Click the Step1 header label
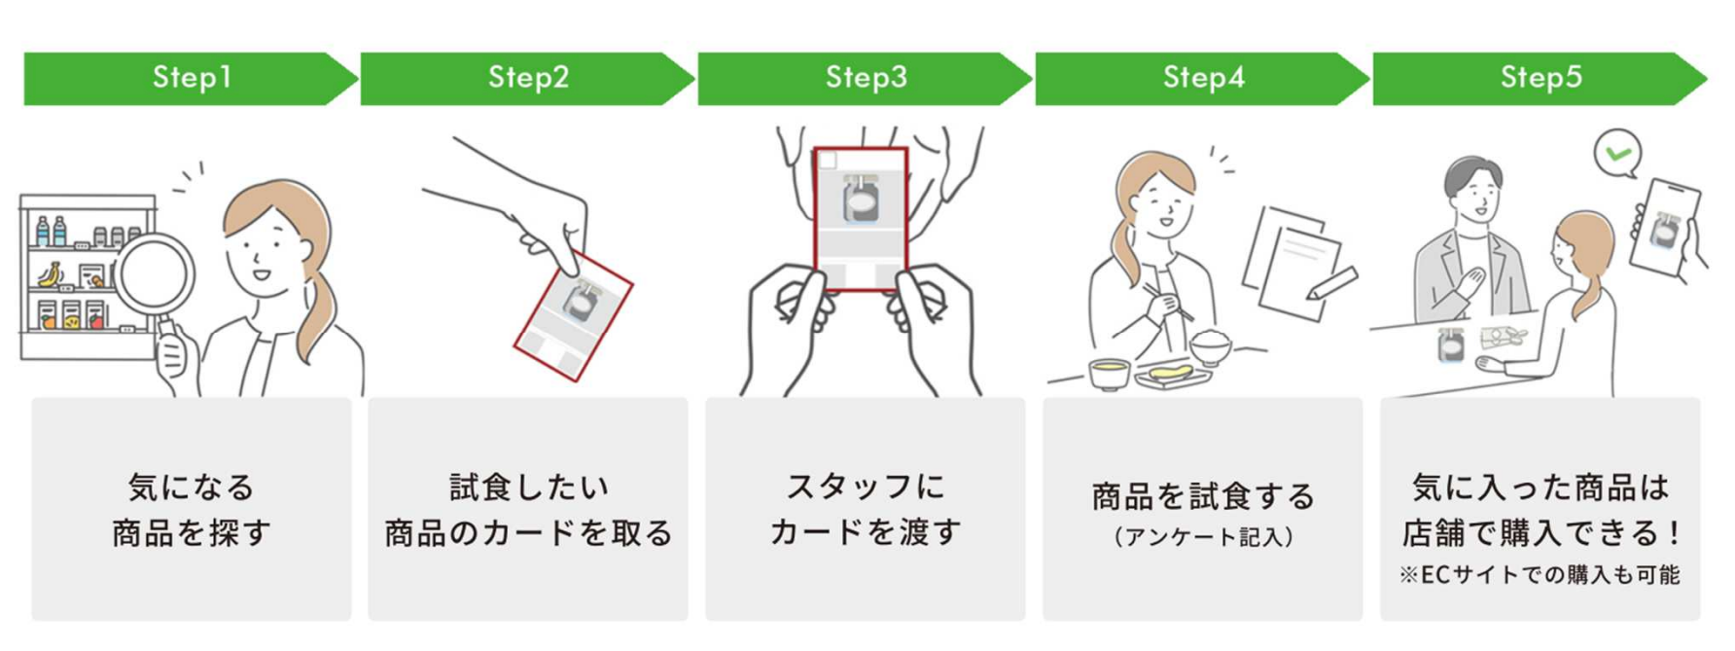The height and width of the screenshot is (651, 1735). pos(192,78)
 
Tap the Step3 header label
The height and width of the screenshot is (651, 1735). pos(866,78)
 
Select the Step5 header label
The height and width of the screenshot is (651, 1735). pos(1540,78)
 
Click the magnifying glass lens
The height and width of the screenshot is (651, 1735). pos(154,274)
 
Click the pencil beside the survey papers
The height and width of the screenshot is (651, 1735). pos(1332,282)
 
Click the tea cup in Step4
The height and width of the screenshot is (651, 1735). pos(1109,371)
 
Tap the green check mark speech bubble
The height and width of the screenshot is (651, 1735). pos(1617,154)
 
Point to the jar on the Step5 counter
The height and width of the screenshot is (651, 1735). pos(1451,344)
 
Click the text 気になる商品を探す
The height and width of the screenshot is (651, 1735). pos(192,509)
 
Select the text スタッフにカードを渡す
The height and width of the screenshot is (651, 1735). pos(866,509)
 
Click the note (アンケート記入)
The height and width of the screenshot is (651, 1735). pos(1203,537)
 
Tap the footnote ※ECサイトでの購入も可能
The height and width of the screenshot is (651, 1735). pos(1540,575)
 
